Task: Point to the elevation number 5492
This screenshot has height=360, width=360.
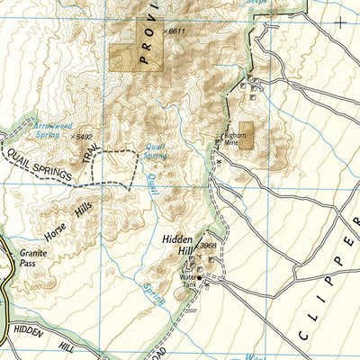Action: tap(85, 137)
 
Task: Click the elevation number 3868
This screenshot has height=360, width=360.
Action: tap(209, 245)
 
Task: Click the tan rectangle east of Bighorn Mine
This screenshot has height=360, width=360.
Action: tap(246, 134)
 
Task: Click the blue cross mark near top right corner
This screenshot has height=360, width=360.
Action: tap(340, 21)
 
